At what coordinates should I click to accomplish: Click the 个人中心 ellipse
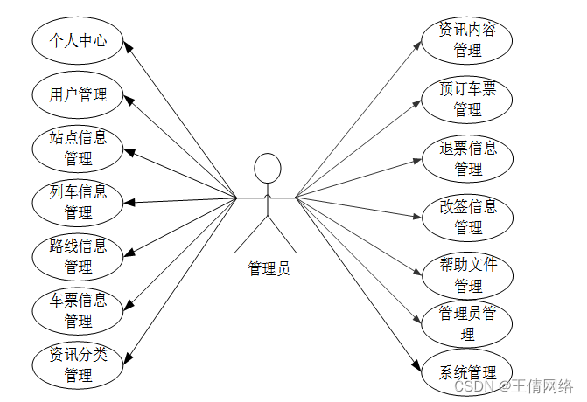tap(79, 40)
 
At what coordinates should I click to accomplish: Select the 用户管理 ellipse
tap(79, 94)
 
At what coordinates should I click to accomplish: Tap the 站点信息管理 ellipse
tap(79, 148)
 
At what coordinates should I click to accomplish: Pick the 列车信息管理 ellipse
tap(79, 202)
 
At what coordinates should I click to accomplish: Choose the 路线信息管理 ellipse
tap(79, 256)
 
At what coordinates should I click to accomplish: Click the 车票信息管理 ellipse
tap(79, 310)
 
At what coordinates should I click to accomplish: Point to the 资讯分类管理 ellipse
tap(79, 365)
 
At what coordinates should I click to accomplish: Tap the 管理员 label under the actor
tap(267, 268)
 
